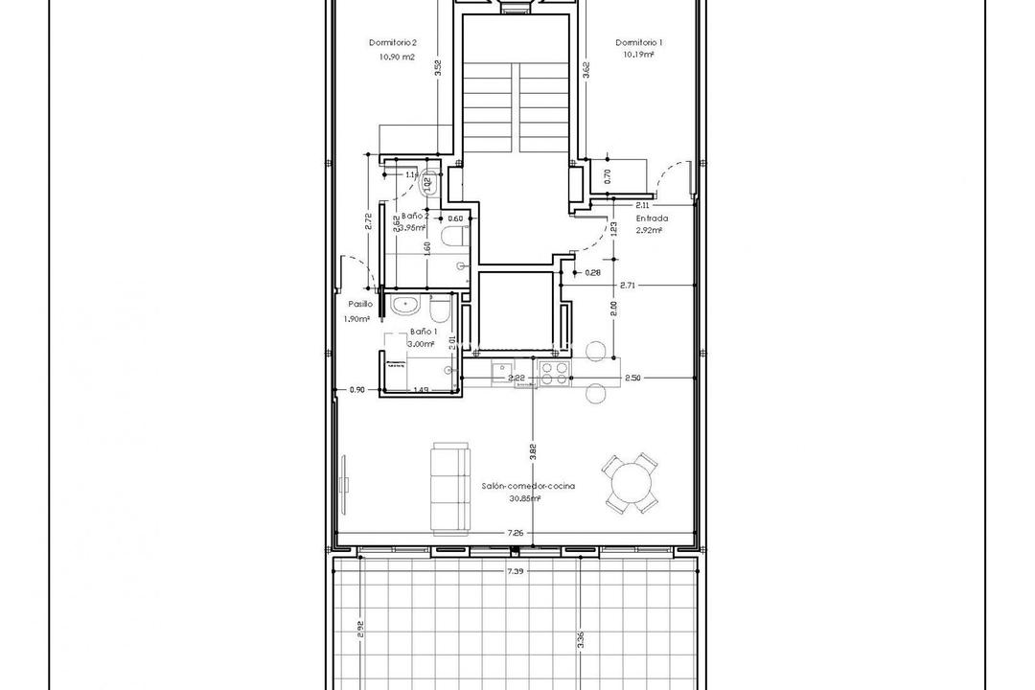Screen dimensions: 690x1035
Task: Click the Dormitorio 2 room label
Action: pos(392,43)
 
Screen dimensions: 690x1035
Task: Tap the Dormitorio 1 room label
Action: pos(639,43)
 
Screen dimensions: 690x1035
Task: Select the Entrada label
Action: pos(652,218)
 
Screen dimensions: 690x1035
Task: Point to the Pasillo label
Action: pos(360,303)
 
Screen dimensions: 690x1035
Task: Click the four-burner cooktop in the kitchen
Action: pos(553,372)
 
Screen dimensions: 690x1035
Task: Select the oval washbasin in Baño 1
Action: pos(405,306)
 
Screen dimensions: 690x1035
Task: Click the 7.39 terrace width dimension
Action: pos(517,571)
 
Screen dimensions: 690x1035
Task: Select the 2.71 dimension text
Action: pos(628,286)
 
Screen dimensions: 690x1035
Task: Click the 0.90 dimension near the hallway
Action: pos(357,390)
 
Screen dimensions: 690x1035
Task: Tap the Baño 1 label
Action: pos(423,332)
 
